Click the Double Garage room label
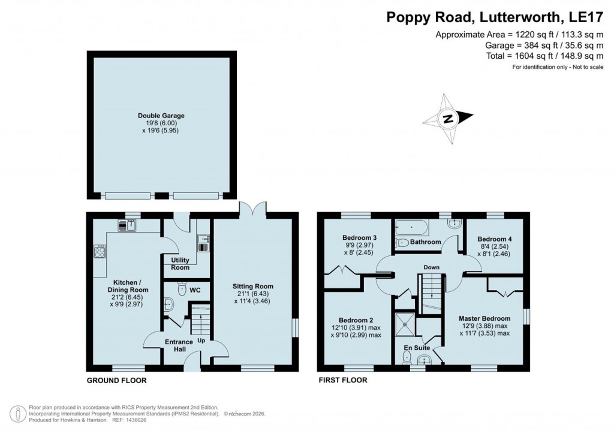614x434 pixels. [161, 116]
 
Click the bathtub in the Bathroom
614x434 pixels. [411, 228]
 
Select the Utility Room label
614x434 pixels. [180, 264]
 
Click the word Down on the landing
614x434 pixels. [431, 267]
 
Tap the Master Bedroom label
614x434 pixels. [484, 318]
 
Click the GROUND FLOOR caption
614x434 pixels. [116, 380]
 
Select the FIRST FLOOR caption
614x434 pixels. [342, 380]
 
